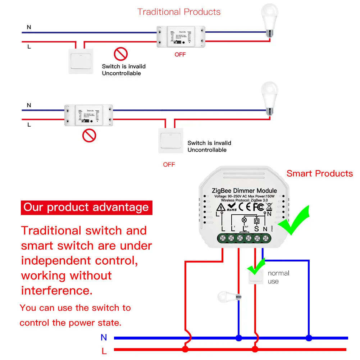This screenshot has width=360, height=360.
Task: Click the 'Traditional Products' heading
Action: (x=179, y=12)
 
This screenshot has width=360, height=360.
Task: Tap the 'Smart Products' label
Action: (x=319, y=174)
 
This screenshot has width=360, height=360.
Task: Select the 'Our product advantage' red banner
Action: (x=86, y=208)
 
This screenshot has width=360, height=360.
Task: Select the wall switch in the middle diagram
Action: (x=170, y=141)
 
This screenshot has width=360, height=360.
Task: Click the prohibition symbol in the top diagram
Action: (x=121, y=54)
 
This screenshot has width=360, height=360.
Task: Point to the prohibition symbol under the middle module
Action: (x=89, y=136)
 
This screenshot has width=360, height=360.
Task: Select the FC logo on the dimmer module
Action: (x=258, y=207)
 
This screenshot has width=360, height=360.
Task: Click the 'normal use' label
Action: (x=278, y=277)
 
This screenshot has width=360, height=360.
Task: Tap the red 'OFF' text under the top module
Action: (x=180, y=54)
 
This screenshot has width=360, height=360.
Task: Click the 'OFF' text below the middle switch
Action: (x=169, y=164)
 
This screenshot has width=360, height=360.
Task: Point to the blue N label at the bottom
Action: (x=104, y=337)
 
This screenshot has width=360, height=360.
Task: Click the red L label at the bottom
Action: (x=104, y=350)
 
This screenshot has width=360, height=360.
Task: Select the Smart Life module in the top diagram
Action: (x=181, y=37)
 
